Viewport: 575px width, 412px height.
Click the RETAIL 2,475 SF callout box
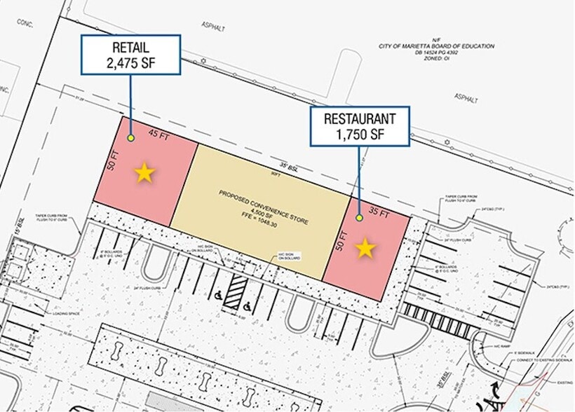point(131,55)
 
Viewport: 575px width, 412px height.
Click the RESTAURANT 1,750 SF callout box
point(360,125)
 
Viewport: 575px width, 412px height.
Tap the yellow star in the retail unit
point(144,172)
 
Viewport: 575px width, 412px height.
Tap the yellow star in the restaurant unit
point(365,248)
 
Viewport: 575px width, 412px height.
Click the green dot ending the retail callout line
point(131,138)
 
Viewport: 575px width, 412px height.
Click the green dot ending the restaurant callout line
point(359,218)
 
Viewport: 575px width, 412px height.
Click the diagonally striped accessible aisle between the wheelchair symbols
point(239,289)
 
